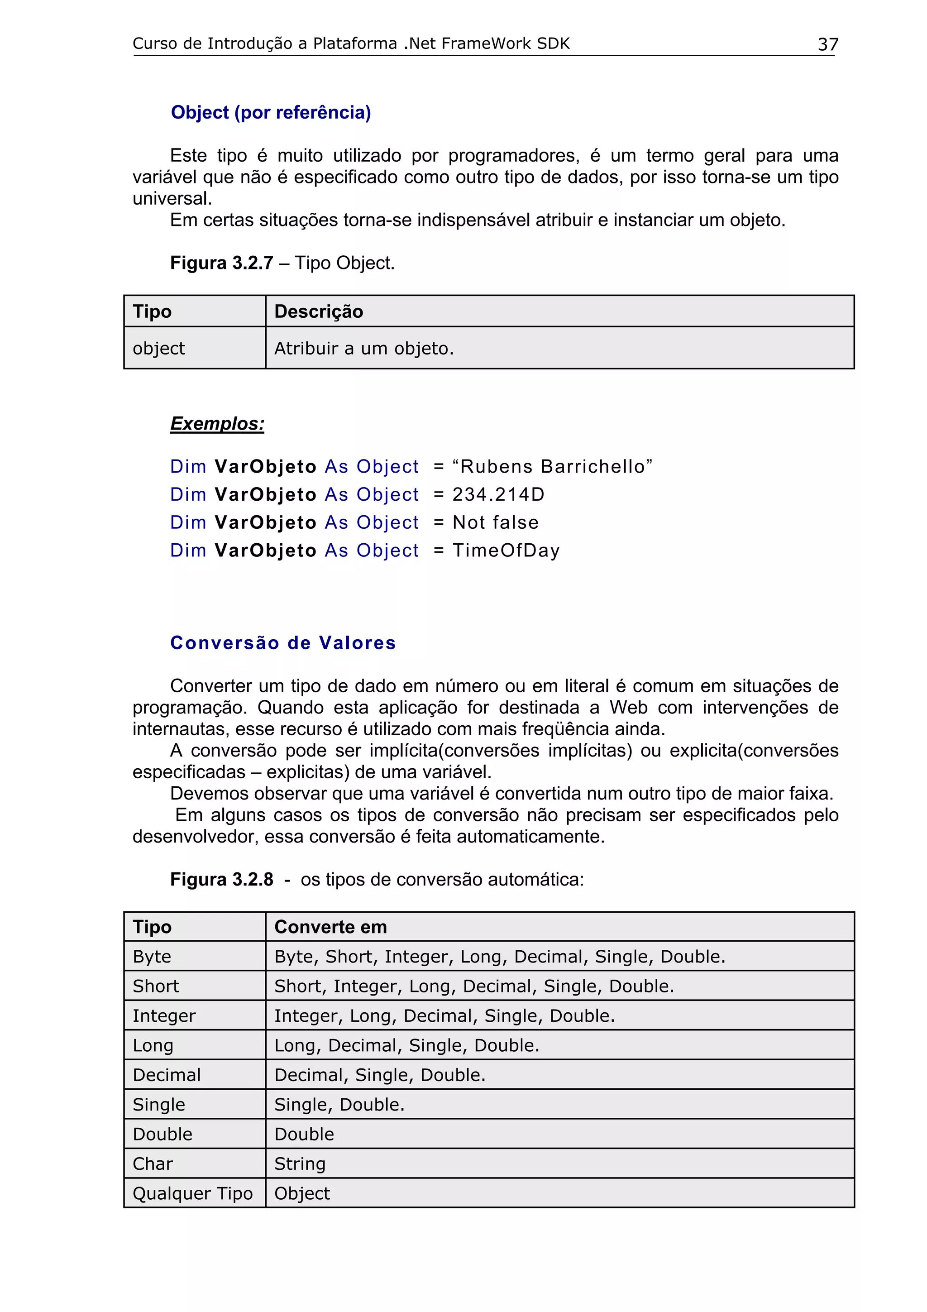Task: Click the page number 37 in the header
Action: (827, 44)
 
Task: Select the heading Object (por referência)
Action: (271, 113)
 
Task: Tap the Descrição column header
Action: (318, 311)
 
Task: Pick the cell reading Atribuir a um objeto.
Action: (364, 348)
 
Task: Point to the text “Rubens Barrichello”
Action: (552, 466)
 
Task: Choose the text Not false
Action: (495, 522)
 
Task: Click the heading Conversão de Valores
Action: (283, 643)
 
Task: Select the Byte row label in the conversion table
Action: (152, 957)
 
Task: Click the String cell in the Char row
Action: (300, 1164)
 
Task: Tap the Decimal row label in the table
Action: (166, 1075)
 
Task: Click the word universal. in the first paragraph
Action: (172, 198)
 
